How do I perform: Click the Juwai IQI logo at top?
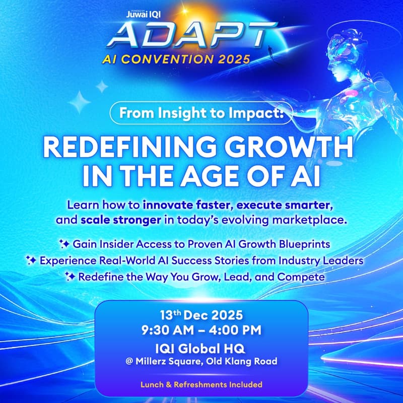(x=142, y=15)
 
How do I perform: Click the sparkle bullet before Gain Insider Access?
(x=64, y=244)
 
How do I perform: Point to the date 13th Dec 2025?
(x=201, y=316)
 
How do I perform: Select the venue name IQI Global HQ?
(x=201, y=347)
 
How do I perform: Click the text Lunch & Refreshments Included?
(x=201, y=384)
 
